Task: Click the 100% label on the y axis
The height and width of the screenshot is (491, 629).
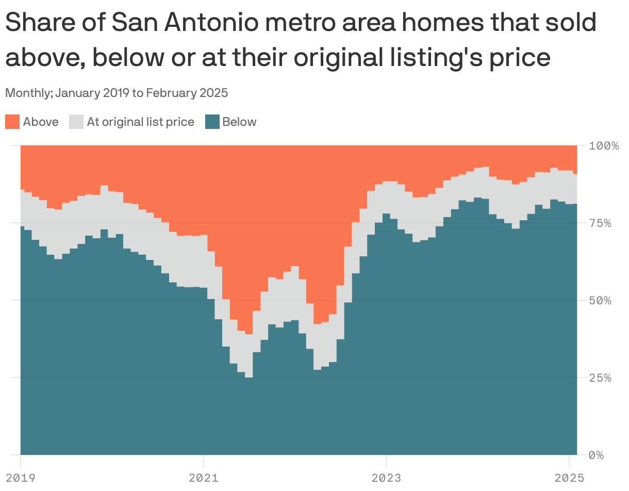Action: (x=604, y=145)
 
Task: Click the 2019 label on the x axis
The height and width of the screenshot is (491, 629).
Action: (x=20, y=478)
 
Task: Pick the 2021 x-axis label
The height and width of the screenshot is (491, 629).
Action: (x=204, y=478)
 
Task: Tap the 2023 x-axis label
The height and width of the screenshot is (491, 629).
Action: (x=386, y=478)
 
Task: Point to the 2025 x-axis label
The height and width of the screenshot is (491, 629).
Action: (x=569, y=478)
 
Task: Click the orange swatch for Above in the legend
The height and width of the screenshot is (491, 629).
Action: (x=12, y=122)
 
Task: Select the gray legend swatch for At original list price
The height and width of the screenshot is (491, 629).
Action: (x=76, y=122)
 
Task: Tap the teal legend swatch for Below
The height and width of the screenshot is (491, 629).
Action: (x=212, y=122)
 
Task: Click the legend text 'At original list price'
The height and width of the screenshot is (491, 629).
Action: (x=140, y=122)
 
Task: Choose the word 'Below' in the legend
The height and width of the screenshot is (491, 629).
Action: (x=239, y=122)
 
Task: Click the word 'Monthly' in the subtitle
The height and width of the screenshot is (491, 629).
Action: (x=28, y=93)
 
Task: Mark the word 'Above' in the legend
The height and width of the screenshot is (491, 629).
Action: (x=41, y=122)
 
